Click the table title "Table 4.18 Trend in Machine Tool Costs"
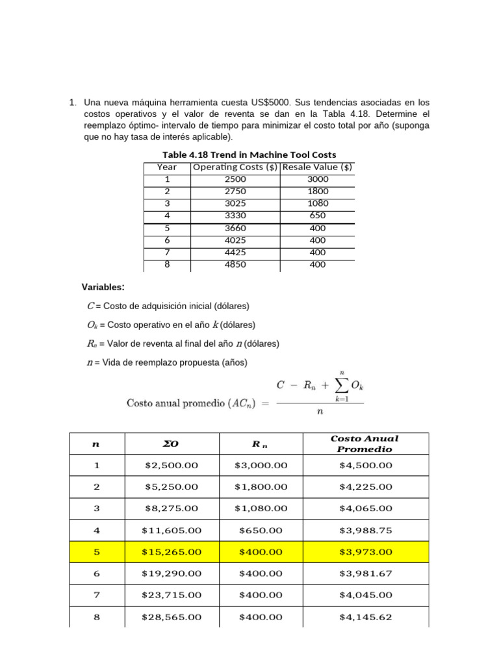[249, 155]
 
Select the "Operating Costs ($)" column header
[235, 167]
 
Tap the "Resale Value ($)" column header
[318, 167]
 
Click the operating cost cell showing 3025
[235, 203]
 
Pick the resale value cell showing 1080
[318, 203]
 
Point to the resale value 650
[318, 216]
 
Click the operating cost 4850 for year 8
[235, 264]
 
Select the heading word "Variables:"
[103, 287]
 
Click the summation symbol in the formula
[342, 386]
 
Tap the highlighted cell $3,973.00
[366, 551]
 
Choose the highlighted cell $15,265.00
[172, 551]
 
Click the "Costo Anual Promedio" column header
[366, 444]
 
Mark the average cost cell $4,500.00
[366, 465]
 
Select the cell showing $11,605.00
[172, 530]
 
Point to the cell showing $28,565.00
[172, 617]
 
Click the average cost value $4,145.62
[366, 617]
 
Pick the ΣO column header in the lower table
[172, 444]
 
